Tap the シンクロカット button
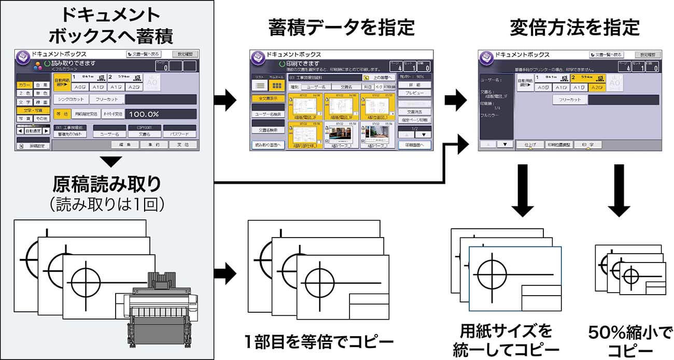pyautogui.click(x=71, y=99)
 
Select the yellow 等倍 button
pyautogui.click(x=61, y=114)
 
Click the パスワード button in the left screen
pyautogui.click(x=179, y=134)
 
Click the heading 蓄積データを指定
pyautogui.click(x=342, y=27)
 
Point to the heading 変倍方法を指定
pyautogui.click(x=574, y=27)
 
